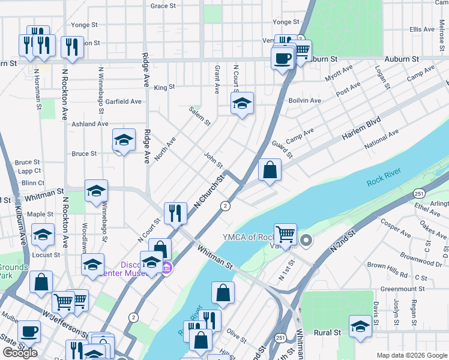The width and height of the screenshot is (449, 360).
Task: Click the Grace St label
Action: coord(163,6)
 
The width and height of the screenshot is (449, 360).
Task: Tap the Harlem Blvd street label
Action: coord(361,128)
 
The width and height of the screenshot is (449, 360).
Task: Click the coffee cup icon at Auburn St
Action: coord(282,59)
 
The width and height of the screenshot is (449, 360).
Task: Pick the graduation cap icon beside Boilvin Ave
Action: coord(242,104)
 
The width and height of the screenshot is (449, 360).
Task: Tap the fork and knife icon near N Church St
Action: coord(175,212)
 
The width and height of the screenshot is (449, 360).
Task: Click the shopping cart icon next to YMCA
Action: coord(286,234)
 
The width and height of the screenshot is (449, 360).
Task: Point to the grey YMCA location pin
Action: coord(306,241)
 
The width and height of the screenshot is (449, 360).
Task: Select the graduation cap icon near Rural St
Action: coord(360,327)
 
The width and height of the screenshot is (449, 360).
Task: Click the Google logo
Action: coord(20,353)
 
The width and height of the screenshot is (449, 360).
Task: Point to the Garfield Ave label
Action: coord(123,101)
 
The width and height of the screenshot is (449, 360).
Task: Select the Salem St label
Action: coord(200,116)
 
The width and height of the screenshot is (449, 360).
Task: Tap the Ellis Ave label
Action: coord(422,29)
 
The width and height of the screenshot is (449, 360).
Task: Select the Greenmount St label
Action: coord(403,289)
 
